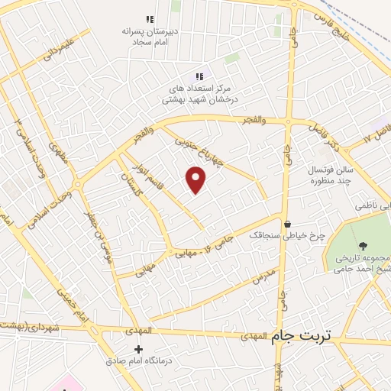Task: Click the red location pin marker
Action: tap(196, 179)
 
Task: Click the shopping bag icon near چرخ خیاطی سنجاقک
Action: tap(287, 225)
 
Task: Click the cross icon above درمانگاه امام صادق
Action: tap(137, 349)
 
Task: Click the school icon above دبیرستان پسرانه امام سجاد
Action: tap(150, 19)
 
